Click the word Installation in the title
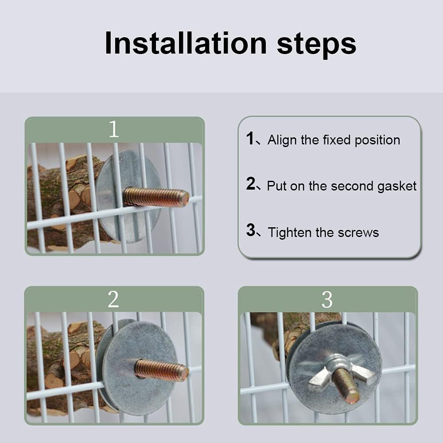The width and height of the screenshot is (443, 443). [186, 43]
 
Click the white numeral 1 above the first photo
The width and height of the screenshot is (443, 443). [114, 129]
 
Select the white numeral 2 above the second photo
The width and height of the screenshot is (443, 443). [113, 299]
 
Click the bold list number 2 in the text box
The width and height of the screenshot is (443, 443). [251, 183]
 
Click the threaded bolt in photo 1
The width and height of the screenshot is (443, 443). [156, 197]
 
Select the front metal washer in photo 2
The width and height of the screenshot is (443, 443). [140, 368]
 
